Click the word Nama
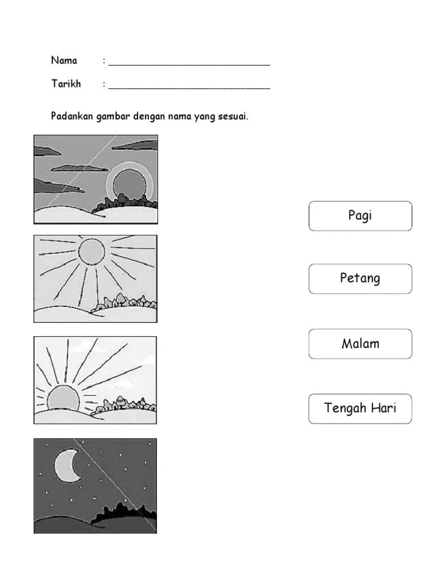click(x=64, y=60)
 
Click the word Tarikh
click(x=66, y=84)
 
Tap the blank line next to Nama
click(x=189, y=65)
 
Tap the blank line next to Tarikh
click(x=189, y=88)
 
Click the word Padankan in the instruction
click(x=72, y=116)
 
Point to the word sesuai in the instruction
click(x=233, y=117)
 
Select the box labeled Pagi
click(x=360, y=216)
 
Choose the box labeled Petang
click(x=360, y=279)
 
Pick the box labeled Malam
click(x=360, y=344)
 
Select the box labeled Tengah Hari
click(x=360, y=409)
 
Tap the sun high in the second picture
click(x=91, y=252)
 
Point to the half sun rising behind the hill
click(x=63, y=398)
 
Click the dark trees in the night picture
click(x=124, y=510)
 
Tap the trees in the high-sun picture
click(x=124, y=301)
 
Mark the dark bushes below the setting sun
click(x=125, y=203)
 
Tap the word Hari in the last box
click(x=383, y=408)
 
